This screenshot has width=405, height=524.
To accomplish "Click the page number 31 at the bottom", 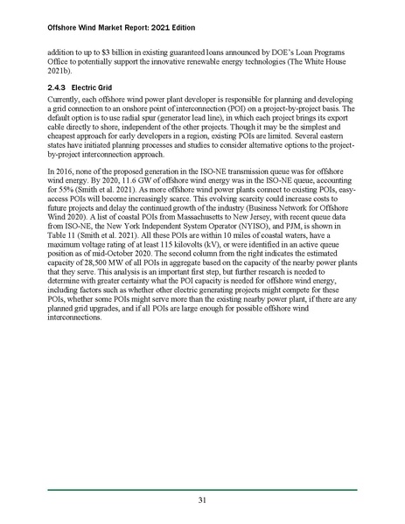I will [x=202, y=500].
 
